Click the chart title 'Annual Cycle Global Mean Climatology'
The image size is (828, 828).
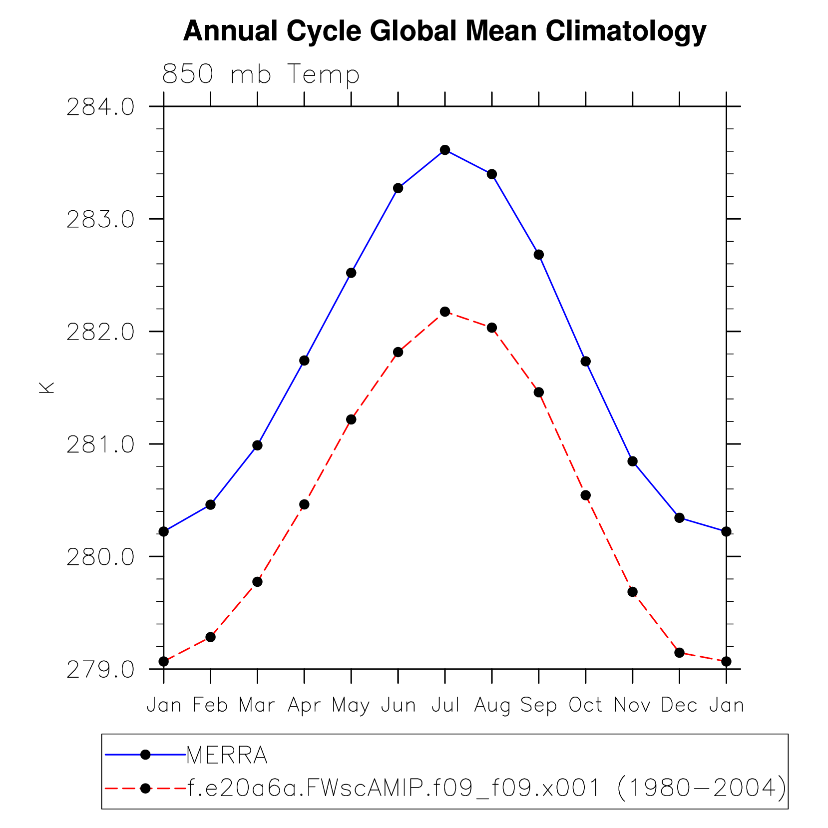(444, 31)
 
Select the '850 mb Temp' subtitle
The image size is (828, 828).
(261, 74)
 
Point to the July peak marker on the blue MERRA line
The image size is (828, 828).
(445, 150)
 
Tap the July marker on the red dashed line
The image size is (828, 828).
(445, 312)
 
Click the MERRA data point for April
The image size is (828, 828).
(304, 361)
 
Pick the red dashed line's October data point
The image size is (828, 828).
(586, 495)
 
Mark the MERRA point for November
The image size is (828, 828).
(632, 461)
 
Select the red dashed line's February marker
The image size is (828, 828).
(210, 637)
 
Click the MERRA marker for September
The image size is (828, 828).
(539, 255)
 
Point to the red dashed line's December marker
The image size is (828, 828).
(679, 653)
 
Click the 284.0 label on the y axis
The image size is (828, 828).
(100, 107)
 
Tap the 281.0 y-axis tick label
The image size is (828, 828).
(100, 444)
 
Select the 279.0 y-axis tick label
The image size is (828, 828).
(100, 670)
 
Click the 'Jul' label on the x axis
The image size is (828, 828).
(445, 705)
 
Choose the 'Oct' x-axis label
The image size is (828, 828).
(586, 705)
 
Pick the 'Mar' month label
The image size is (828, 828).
(257, 705)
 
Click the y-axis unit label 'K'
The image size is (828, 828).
(46, 388)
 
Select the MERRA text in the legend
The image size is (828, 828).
(227, 756)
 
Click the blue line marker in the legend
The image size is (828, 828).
(145, 755)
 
